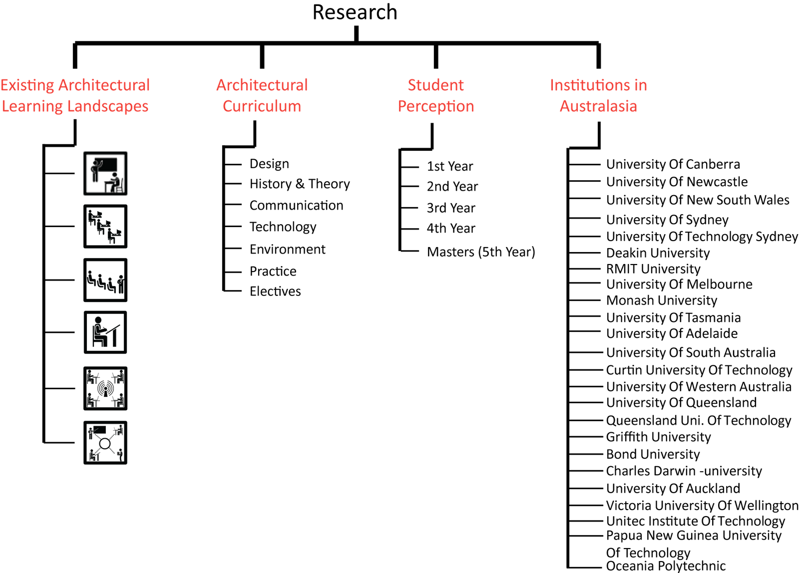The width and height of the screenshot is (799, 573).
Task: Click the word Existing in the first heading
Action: tap(27, 85)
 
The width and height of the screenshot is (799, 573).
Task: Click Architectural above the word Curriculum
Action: tap(262, 85)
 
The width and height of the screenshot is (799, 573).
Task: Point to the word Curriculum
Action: tap(262, 106)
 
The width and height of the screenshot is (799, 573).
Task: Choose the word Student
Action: tap(436, 85)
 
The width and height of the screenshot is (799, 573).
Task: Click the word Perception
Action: tap(436, 106)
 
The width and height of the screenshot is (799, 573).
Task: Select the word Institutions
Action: tap(584, 85)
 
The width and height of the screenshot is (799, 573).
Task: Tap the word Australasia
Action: tap(598, 106)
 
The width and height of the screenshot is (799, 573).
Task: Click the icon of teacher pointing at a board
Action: tap(105, 174)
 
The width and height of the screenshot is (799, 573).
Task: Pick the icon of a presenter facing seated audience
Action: tap(105, 280)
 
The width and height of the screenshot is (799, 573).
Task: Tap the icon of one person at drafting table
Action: tap(105, 332)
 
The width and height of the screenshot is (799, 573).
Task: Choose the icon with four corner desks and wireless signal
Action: tap(105, 388)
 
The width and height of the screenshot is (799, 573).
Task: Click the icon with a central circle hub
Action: tap(105, 443)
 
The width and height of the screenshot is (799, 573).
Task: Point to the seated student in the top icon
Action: tap(115, 182)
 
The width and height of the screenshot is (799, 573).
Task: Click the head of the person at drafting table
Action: tap(98, 320)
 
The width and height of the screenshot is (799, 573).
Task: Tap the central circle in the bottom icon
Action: tap(105, 444)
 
